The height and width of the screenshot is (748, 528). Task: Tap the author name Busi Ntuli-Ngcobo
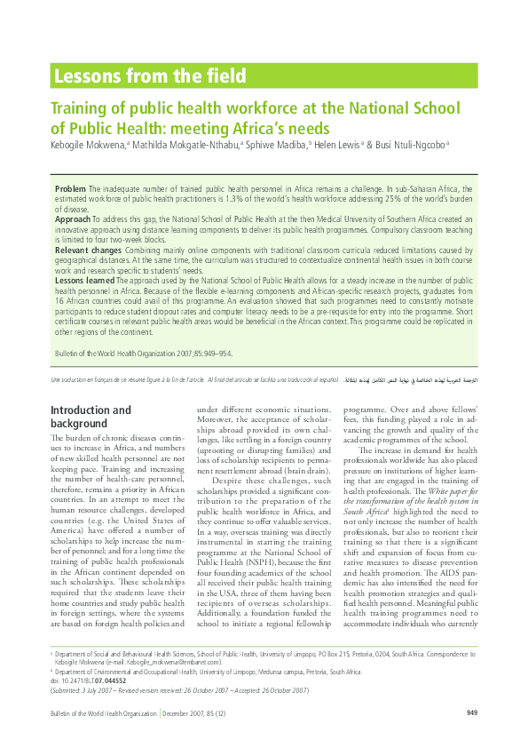pyautogui.click(x=412, y=144)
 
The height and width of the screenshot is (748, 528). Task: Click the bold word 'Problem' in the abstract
pyautogui.click(x=70, y=190)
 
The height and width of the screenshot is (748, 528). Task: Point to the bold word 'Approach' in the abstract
pyautogui.click(x=73, y=218)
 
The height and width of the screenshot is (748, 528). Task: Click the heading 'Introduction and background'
pyautogui.click(x=91, y=417)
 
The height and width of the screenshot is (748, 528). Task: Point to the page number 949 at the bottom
pyautogui.click(x=472, y=713)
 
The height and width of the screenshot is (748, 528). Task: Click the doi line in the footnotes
pyautogui.click(x=89, y=680)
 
